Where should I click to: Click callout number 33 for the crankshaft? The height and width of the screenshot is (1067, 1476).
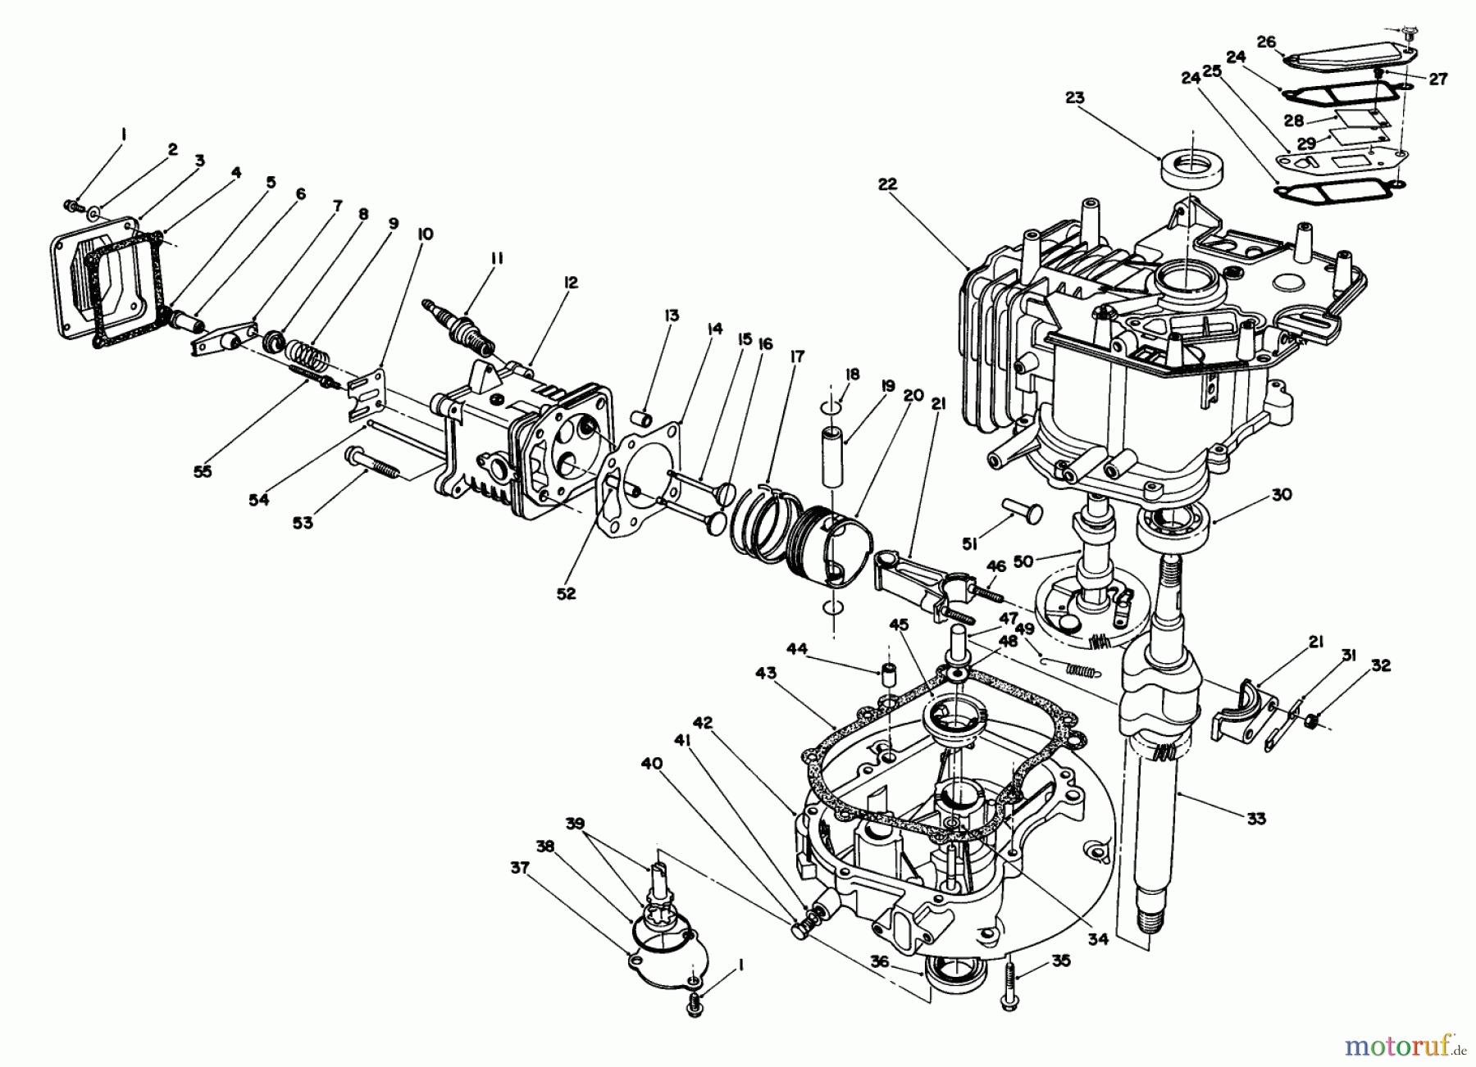click(1255, 817)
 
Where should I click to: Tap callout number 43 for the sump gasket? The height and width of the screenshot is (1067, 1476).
click(766, 674)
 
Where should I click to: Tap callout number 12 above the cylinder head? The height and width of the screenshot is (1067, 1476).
click(571, 283)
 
